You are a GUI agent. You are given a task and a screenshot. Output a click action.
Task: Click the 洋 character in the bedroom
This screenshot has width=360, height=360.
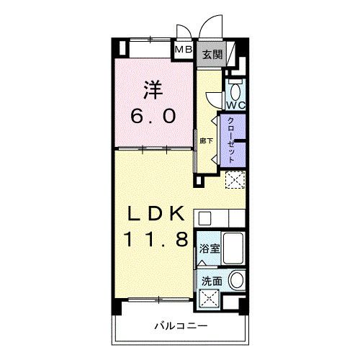click(x=153, y=89)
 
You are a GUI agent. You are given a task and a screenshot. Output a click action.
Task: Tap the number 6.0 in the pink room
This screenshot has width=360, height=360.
click(x=153, y=115)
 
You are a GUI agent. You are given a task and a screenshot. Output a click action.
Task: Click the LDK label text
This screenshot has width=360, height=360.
click(x=160, y=214)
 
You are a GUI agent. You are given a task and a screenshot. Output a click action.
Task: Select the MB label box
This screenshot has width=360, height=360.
click(x=184, y=50)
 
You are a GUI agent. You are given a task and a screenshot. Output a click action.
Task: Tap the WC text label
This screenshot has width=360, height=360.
click(x=238, y=105)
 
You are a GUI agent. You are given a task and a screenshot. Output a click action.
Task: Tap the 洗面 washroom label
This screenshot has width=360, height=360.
click(x=210, y=282)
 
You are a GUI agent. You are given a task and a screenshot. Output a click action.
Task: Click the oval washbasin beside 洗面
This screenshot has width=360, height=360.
click(x=237, y=282)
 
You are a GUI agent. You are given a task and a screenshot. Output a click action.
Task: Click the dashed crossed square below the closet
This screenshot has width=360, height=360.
click(x=235, y=180)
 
